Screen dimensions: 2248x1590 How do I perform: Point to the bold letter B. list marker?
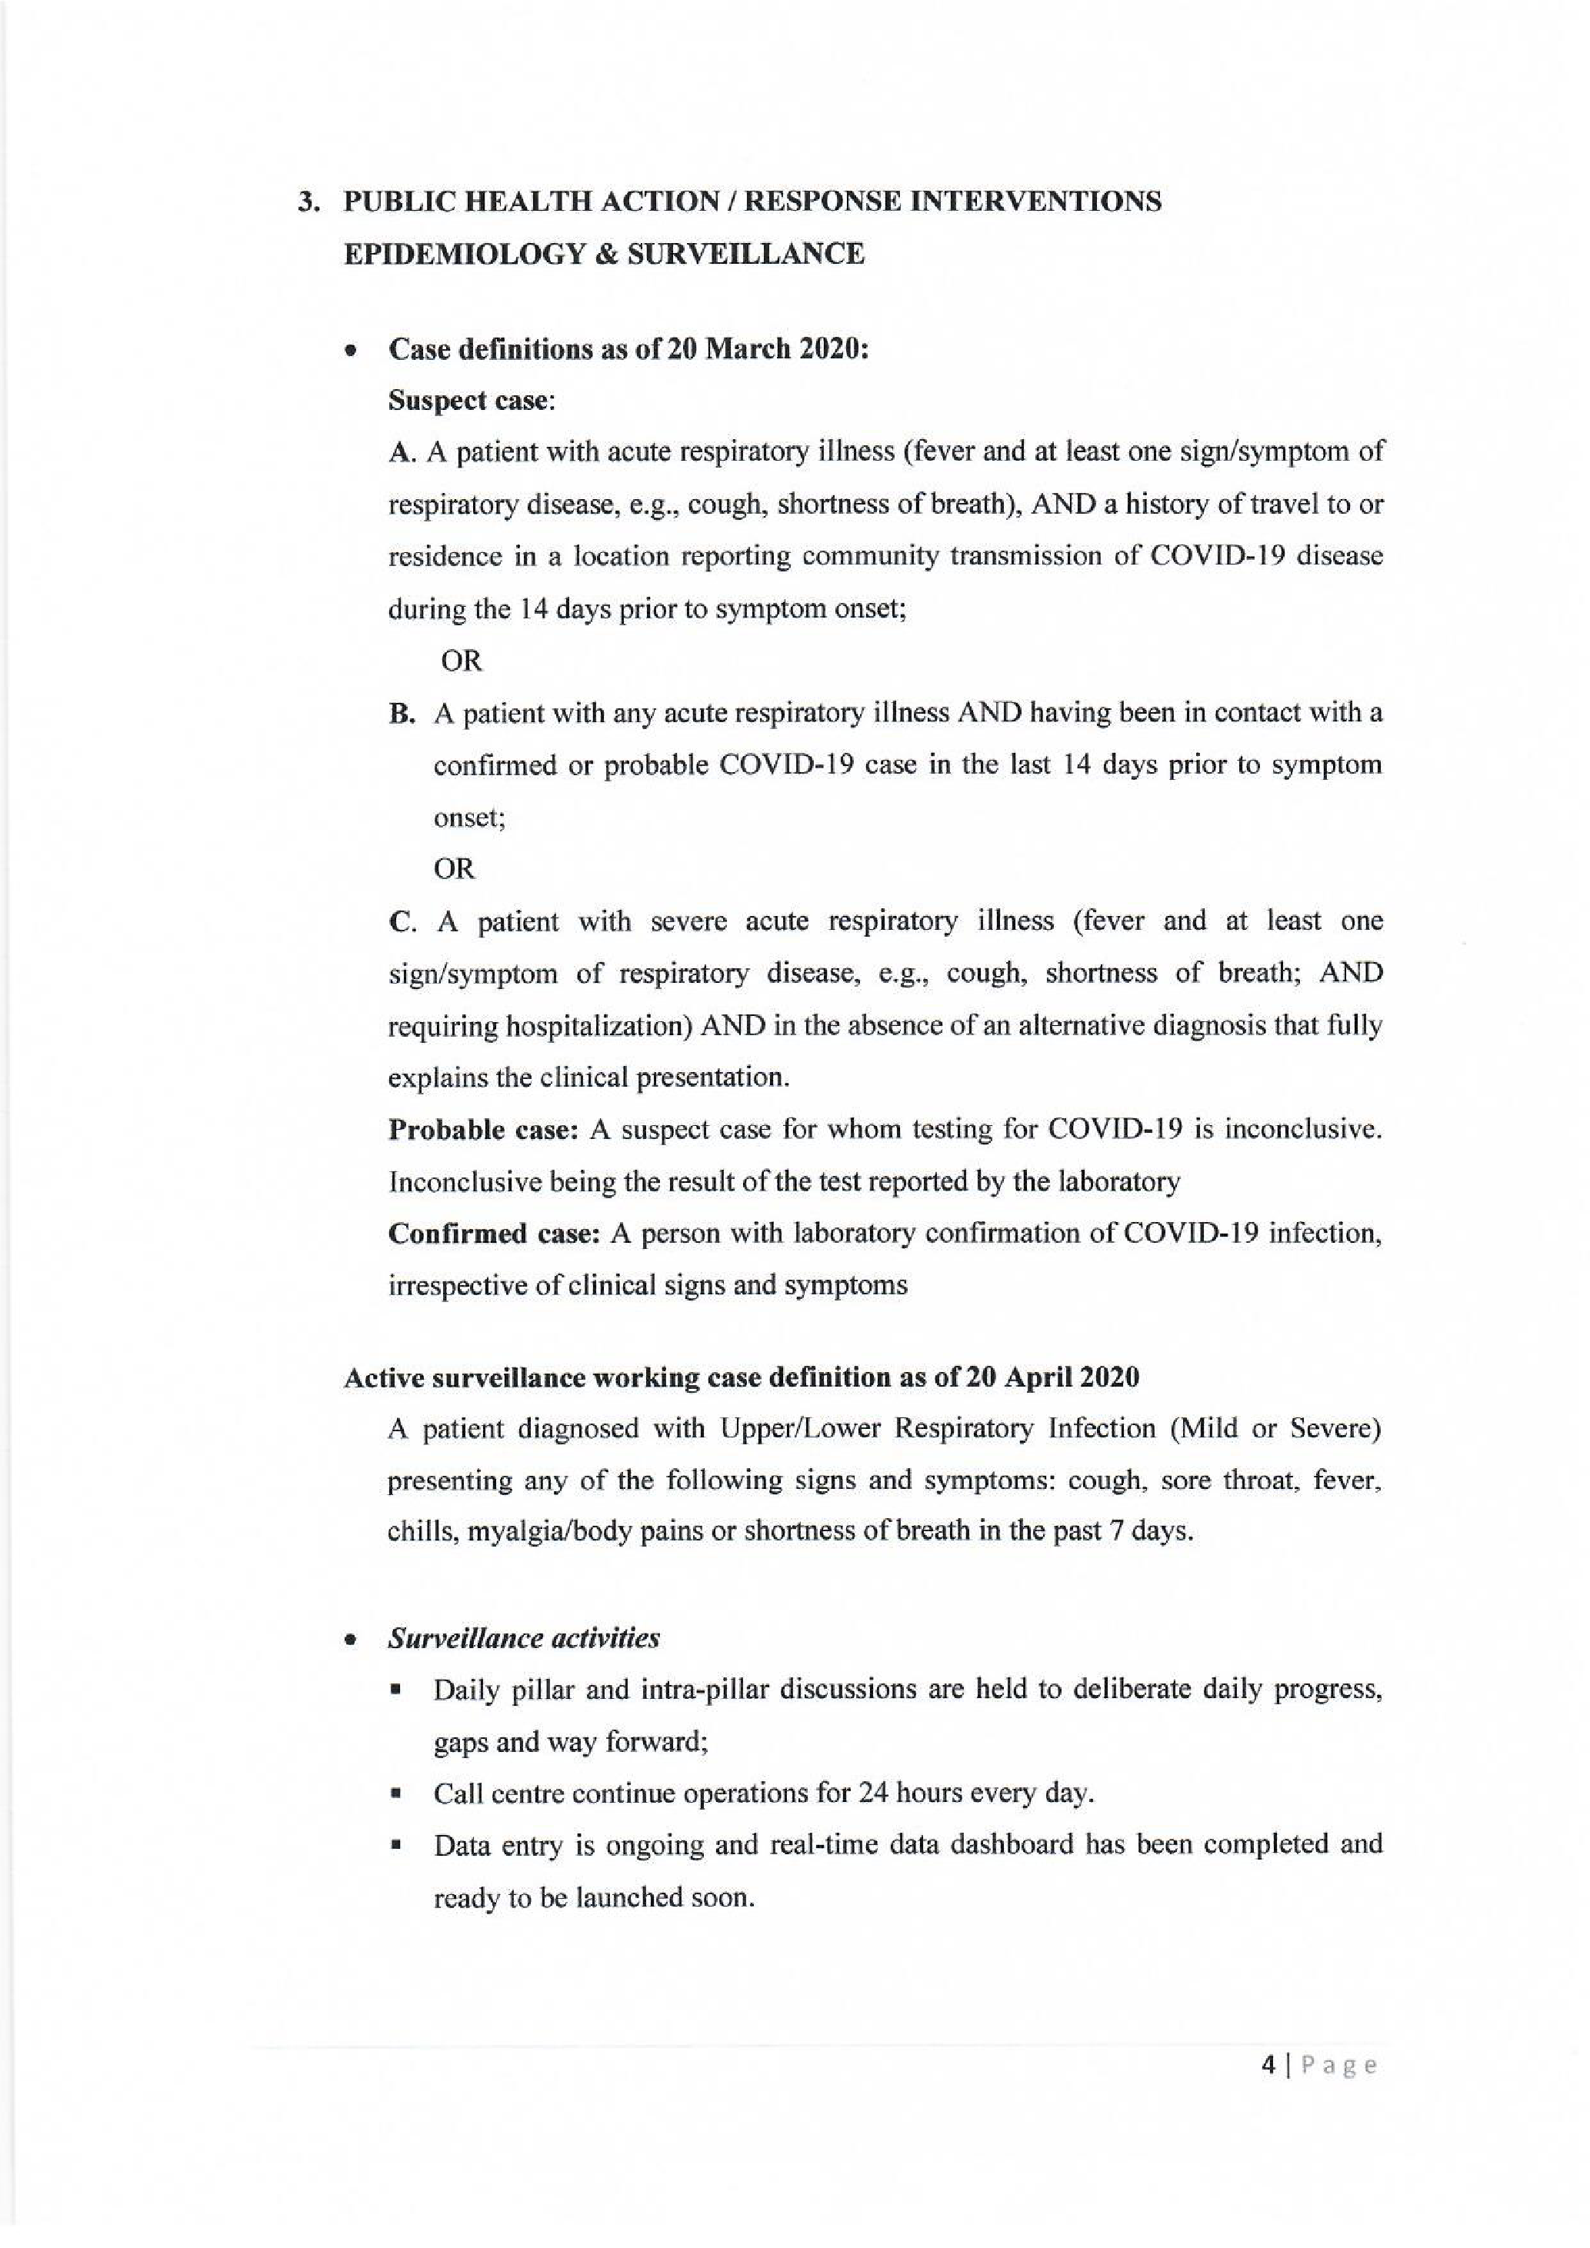point(402,714)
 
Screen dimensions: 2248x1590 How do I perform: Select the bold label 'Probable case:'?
point(484,1130)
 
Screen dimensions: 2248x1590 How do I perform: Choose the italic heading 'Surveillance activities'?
point(524,1638)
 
